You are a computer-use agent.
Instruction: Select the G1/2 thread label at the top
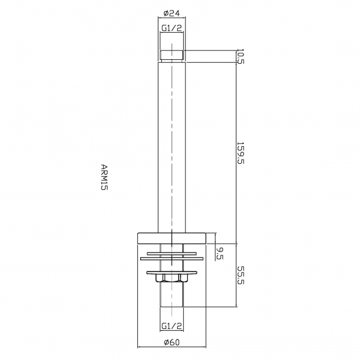[x=171, y=28]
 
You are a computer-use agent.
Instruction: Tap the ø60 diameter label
[x=171, y=342]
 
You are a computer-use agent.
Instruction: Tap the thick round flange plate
[x=171, y=238]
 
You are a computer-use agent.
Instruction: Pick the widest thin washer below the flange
[x=171, y=258]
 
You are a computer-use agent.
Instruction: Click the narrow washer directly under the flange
[x=171, y=250]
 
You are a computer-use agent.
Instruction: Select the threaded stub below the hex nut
[x=171, y=296]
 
